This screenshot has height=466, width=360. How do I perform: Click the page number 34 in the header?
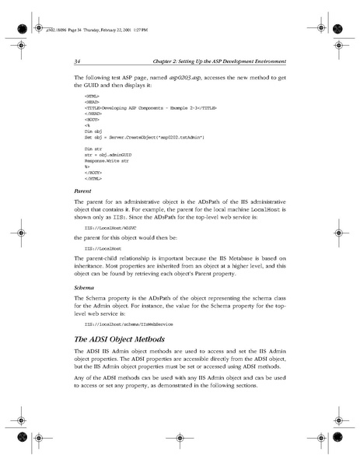point(78,61)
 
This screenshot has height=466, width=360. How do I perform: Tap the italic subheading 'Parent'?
point(82,189)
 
